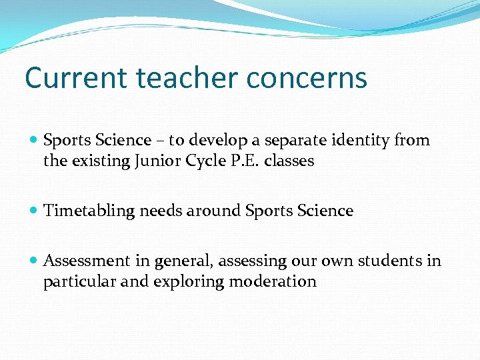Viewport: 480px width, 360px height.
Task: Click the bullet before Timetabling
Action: pyautogui.click(x=34, y=211)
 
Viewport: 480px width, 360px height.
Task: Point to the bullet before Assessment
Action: pyautogui.click(x=34, y=261)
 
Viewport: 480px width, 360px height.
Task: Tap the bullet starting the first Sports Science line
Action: pyautogui.click(x=34, y=140)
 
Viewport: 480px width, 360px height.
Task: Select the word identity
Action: pyautogui.click(x=361, y=140)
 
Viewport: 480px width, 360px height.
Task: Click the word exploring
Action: pyautogui.click(x=189, y=281)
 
